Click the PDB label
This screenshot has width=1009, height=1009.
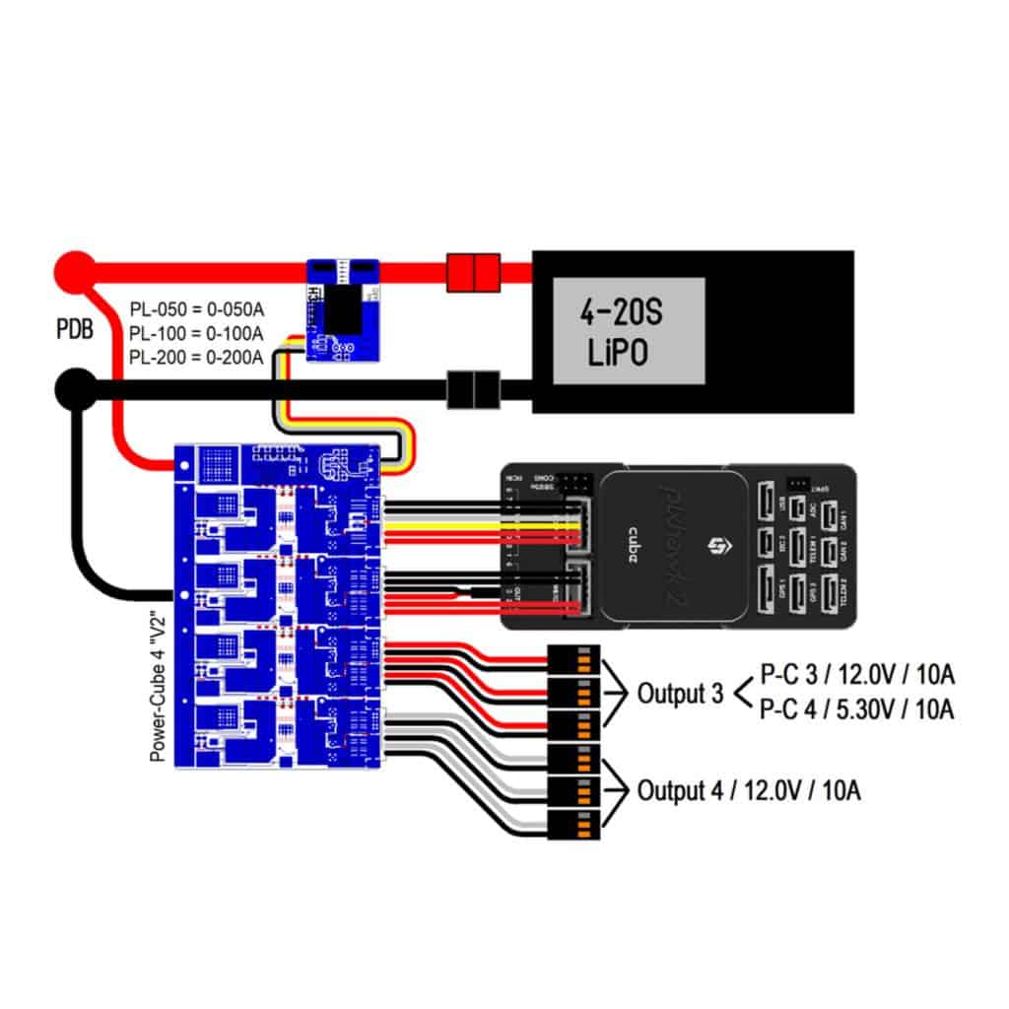pyautogui.click(x=74, y=328)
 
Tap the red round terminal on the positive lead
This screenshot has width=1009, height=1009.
pyautogui.click(x=74, y=267)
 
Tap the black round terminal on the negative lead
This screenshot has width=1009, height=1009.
pyautogui.click(x=74, y=389)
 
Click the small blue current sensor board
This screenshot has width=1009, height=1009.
pyautogui.click(x=342, y=309)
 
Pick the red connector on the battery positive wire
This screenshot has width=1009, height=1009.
pyautogui.click(x=474, y=269)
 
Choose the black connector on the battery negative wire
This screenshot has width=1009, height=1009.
pyautogui.click(x=474, y=390)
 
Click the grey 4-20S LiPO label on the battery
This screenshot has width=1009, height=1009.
pyautogui.click(x=628, y=330)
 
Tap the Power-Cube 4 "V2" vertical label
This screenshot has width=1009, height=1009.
pyautogui.click(x=156, y=687)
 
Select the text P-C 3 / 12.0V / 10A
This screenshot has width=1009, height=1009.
pyautogui.click(x=857, y=676)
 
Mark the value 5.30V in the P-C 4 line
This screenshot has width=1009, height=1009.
pyautogui.click(x=863, y=708)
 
